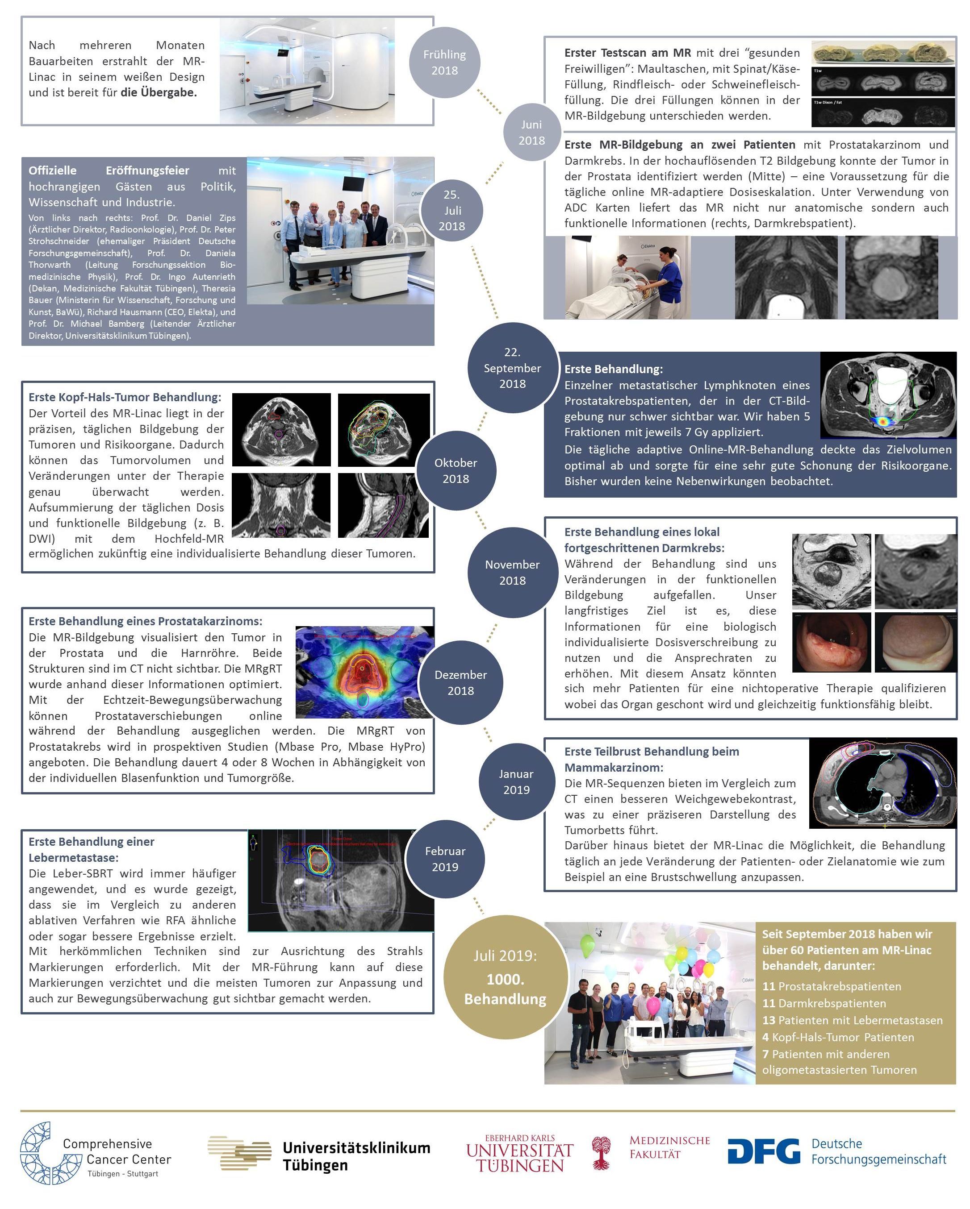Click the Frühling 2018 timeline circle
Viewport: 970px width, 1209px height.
[444, 62]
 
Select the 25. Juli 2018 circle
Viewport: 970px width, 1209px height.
[452, 210]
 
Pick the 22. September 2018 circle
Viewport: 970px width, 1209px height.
[512, 368]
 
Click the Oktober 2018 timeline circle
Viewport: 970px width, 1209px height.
[455, 470]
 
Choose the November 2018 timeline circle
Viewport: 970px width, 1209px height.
[512, 572]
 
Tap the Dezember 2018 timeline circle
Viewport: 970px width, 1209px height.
[460, 682]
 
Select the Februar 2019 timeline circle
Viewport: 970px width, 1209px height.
[444, 859]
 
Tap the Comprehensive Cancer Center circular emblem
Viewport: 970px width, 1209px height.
[40, 1152]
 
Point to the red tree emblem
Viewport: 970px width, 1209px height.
[601, 1152]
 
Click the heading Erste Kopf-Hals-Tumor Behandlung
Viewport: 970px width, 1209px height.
[125, 397]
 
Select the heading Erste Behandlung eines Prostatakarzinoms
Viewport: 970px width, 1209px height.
[145, 621]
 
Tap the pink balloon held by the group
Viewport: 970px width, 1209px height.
[653, 1005]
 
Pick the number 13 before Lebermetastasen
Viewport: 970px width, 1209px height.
[768, 1020]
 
